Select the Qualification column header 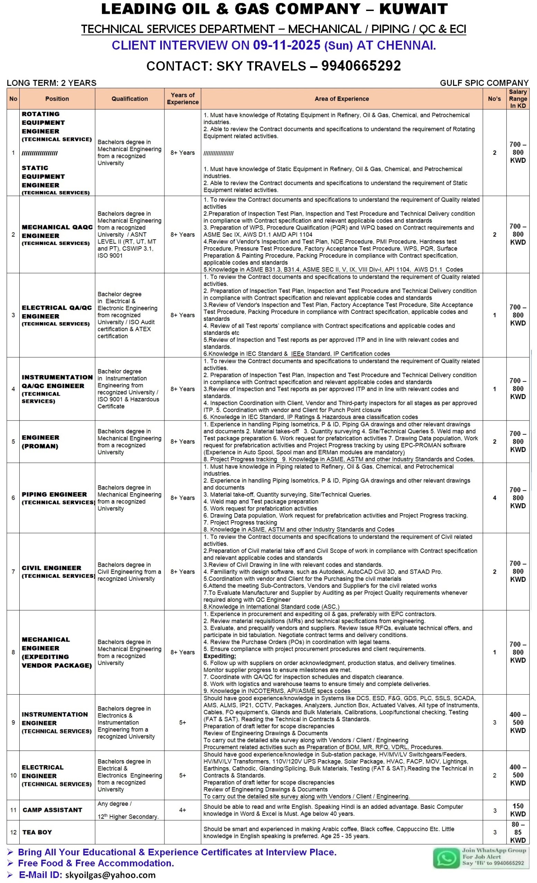(130, 99)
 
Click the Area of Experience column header (342, 99)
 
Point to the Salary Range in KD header (518, 99)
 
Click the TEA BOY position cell (37, 832)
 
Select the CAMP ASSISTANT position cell (52, 810)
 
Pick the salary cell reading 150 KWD (518, 810)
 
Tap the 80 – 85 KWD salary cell (518, 832)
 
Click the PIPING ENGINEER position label (54, 495)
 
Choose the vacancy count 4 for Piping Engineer (494, 498)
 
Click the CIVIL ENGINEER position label (51, 568)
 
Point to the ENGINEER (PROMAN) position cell (40, 442)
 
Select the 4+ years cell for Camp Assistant (183, 810)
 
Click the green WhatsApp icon (445, 858)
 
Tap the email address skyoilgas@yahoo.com (111, 875)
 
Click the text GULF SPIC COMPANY (484, 83)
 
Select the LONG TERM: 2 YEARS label (52, 83)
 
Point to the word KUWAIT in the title (413, 9)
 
